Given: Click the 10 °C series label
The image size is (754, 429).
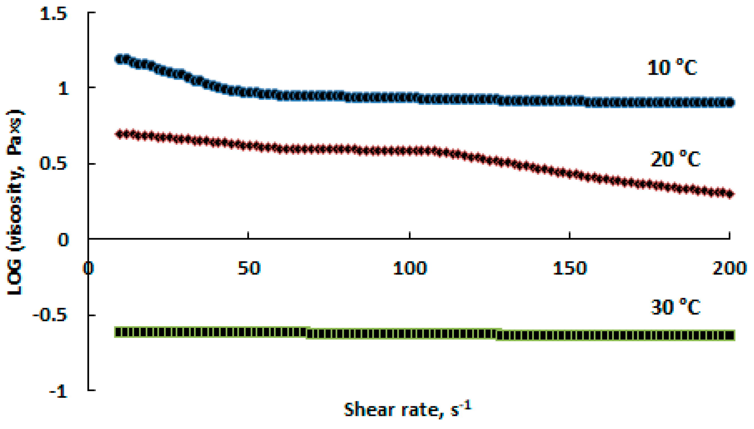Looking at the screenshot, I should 672,68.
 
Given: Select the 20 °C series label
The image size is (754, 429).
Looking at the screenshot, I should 675,159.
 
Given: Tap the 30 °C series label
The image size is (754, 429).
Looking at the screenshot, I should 675,307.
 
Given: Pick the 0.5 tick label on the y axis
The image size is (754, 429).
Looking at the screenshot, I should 53,164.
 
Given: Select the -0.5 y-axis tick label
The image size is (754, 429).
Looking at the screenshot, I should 50,315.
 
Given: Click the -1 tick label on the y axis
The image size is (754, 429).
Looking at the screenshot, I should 58,392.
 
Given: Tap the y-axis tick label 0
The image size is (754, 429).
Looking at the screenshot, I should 63,240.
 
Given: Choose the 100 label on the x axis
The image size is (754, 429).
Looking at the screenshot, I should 410,268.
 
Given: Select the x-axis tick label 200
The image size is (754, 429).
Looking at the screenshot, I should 729,268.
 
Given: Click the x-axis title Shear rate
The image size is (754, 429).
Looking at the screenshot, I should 407,410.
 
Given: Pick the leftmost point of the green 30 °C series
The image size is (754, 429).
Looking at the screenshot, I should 118,332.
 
